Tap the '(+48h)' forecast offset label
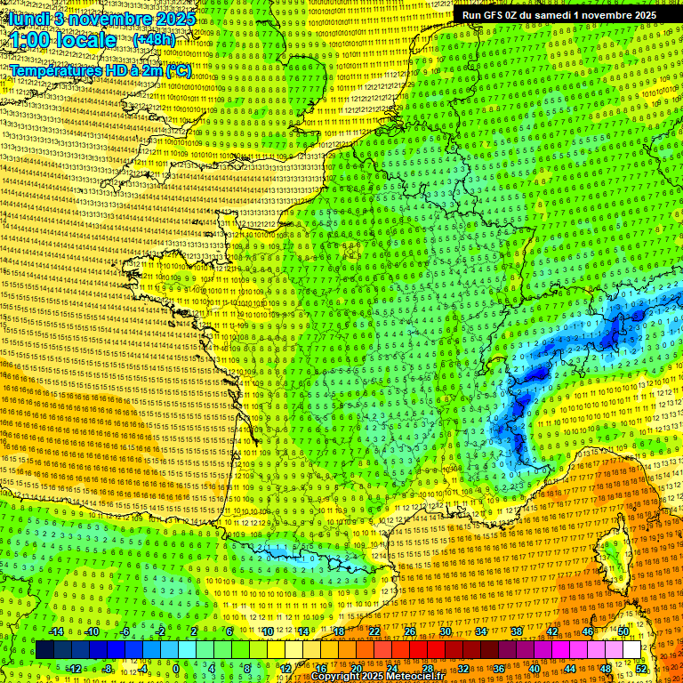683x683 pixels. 154,39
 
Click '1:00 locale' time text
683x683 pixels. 63,40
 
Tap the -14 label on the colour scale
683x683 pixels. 56,631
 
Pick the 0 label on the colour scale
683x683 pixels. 176,668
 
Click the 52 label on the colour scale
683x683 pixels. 642,668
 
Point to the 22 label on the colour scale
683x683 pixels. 374,631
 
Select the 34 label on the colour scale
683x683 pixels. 481,631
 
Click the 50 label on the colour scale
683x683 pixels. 623,631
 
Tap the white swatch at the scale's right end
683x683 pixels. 631,650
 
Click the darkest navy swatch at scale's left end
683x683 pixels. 44,650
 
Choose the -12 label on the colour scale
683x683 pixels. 74,668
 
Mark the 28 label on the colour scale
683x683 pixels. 427,668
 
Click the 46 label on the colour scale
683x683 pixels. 588,631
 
